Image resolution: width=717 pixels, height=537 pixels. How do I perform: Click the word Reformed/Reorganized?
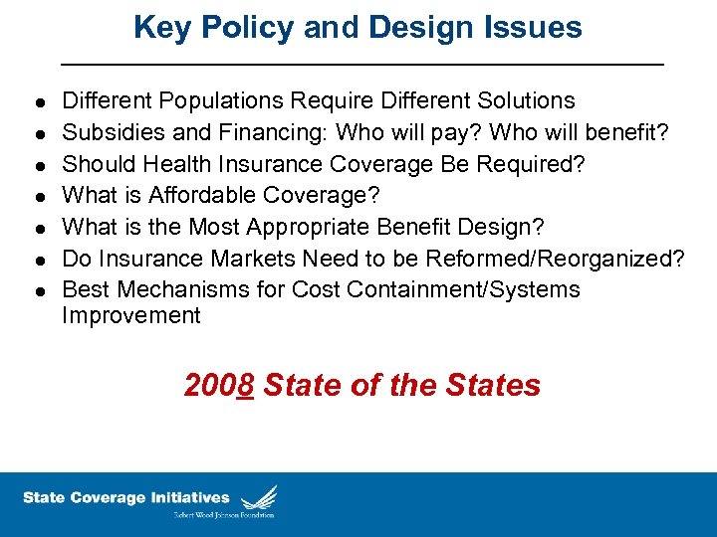pos(556,259)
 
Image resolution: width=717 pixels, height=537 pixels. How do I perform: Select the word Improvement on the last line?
pos(131,316)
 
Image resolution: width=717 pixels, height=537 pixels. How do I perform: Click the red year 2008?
pos(219,385)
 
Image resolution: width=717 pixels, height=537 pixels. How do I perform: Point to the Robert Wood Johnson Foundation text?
pos(224,515)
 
